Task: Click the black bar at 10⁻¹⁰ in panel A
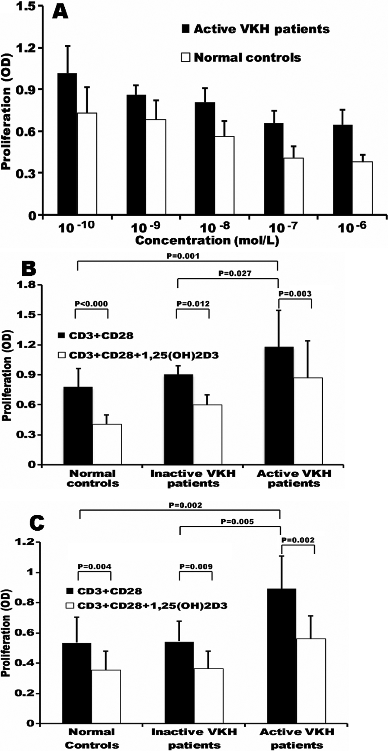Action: pos(67,144)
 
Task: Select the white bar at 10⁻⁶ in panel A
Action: pos(362,188)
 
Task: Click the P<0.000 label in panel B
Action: pos(91,304)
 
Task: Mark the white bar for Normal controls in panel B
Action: pos(107,444)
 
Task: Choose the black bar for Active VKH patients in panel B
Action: pos(279,406)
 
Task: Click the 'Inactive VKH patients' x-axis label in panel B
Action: pos(193,478)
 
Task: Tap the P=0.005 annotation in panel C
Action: pos(237,521)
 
